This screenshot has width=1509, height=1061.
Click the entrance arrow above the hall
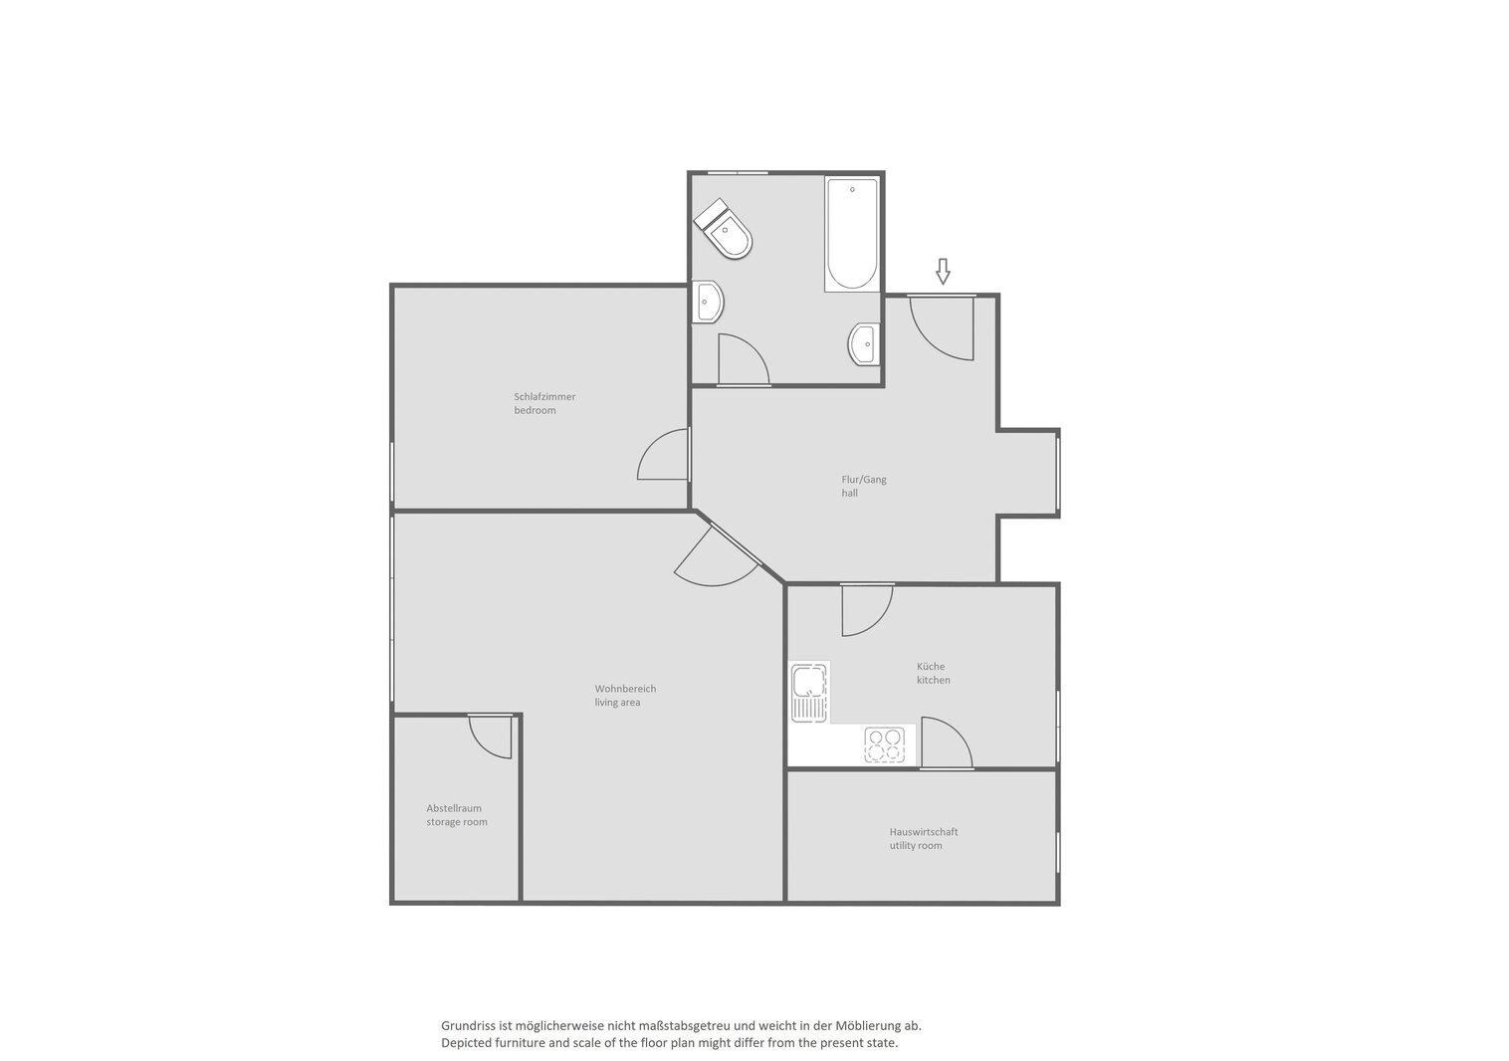tap(943, 271)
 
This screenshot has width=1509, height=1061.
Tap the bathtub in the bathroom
tap(852, 234)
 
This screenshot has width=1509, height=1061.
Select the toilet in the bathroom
tap(723, 228)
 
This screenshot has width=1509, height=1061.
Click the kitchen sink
tap(809, 692)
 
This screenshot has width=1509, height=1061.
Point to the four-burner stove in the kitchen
tap(885, 745)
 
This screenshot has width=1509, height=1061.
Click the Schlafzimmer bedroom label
tap(544, 403)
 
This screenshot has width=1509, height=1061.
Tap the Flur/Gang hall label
tap(864, 486)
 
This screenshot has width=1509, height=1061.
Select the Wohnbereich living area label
tap(625, 695)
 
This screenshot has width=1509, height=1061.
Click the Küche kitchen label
tap(933, 673)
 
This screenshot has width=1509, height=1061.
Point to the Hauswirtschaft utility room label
tap(924, 839)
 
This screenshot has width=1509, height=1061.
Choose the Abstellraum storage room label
tap(457, 815)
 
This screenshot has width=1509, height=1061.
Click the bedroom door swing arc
tap(653, 445)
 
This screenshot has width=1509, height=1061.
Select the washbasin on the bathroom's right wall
tap(864, 344)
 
